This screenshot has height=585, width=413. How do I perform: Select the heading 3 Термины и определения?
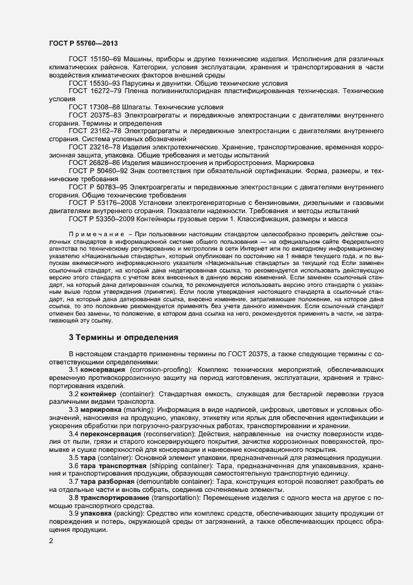point(124,337)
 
